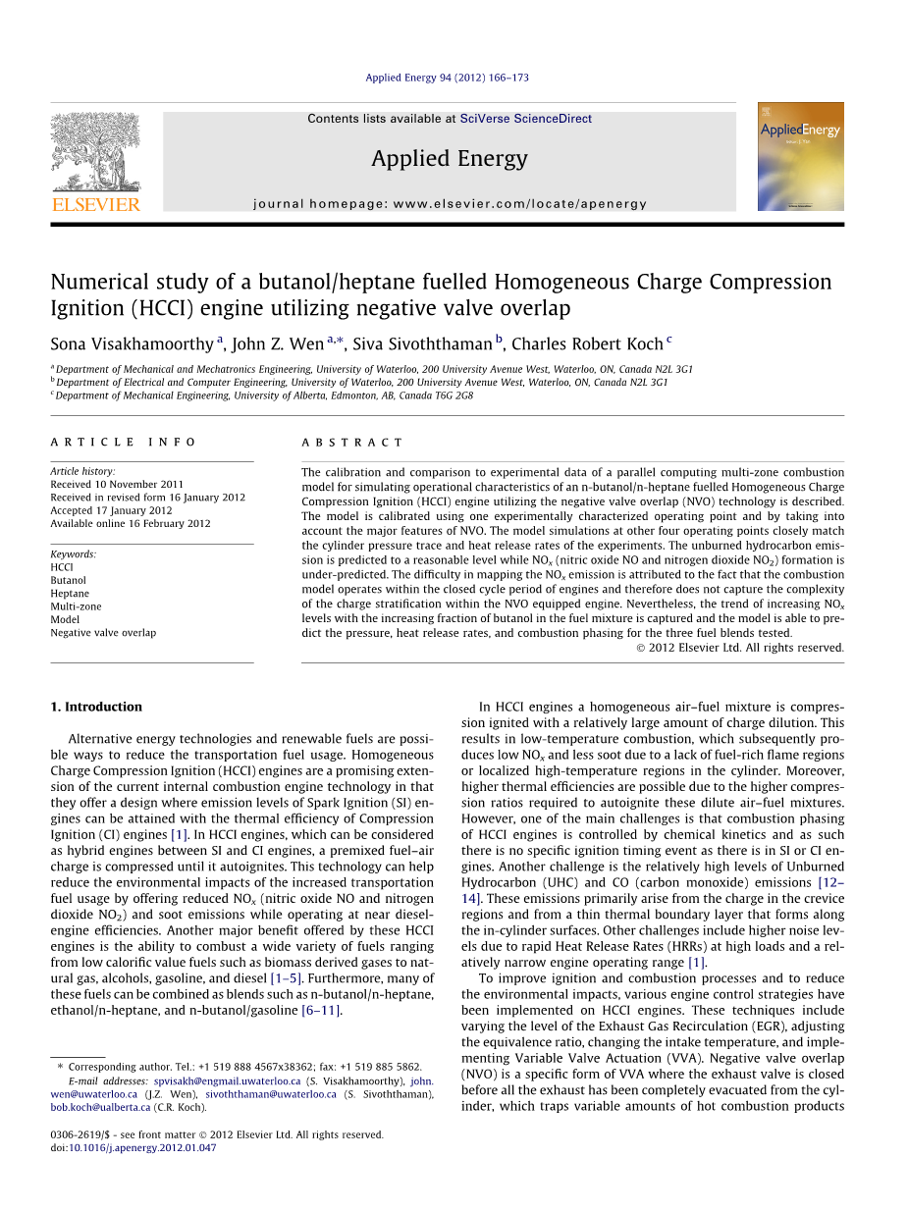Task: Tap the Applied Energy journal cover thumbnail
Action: coord(800,156)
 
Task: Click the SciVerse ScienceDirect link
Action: coord(525,119)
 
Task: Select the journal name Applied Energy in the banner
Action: coord(449,159)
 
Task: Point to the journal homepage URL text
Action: coord(450,204)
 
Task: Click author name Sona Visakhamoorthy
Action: coord(133,343)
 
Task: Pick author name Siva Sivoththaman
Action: coord(422,343)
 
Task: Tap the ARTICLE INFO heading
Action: coord(124,443)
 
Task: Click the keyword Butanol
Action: coord(69,580)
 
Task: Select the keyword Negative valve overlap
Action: coord(103,633)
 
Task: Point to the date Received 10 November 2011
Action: coord(117,484)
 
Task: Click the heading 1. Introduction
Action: coord(96,707)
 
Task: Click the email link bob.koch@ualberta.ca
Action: coord(101,1107)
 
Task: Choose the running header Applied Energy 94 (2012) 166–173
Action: coord(447,78)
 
